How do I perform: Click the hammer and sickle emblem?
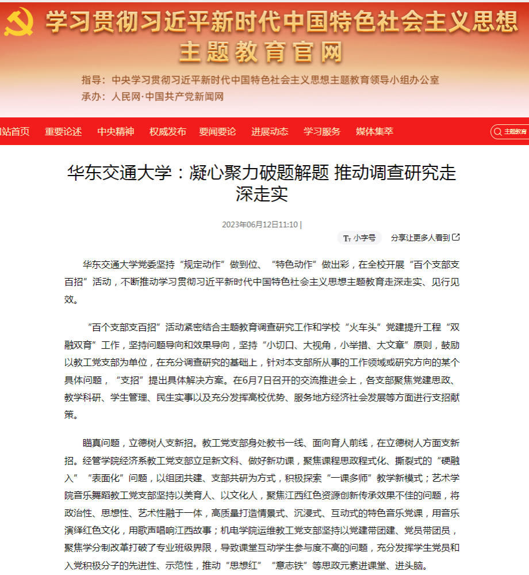20,22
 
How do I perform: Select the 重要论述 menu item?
63,132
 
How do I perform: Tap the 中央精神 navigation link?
116,132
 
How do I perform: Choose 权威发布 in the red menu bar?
168,132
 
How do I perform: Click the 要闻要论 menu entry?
217,132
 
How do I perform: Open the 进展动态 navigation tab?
270,132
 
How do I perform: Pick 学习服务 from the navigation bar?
322,132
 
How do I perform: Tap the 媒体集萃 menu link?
374,132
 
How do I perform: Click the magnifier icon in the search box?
498,132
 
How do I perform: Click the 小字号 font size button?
359,238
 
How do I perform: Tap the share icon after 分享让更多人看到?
456,237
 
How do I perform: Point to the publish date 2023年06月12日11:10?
260,224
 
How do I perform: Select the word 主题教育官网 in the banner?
261,52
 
